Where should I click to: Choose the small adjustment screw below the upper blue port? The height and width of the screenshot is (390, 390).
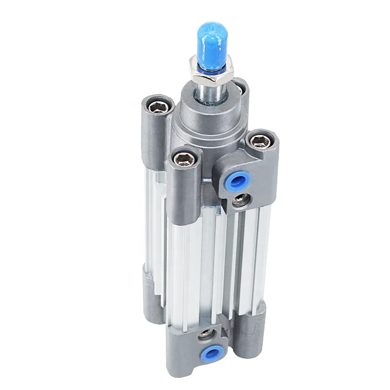point(241,199)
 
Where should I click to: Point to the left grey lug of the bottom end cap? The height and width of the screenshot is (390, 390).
point(152,292)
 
